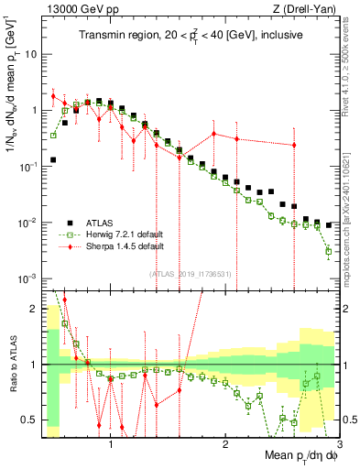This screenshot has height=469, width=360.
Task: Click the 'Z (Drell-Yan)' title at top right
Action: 307,7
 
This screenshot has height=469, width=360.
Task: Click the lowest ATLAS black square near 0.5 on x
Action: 53,159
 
